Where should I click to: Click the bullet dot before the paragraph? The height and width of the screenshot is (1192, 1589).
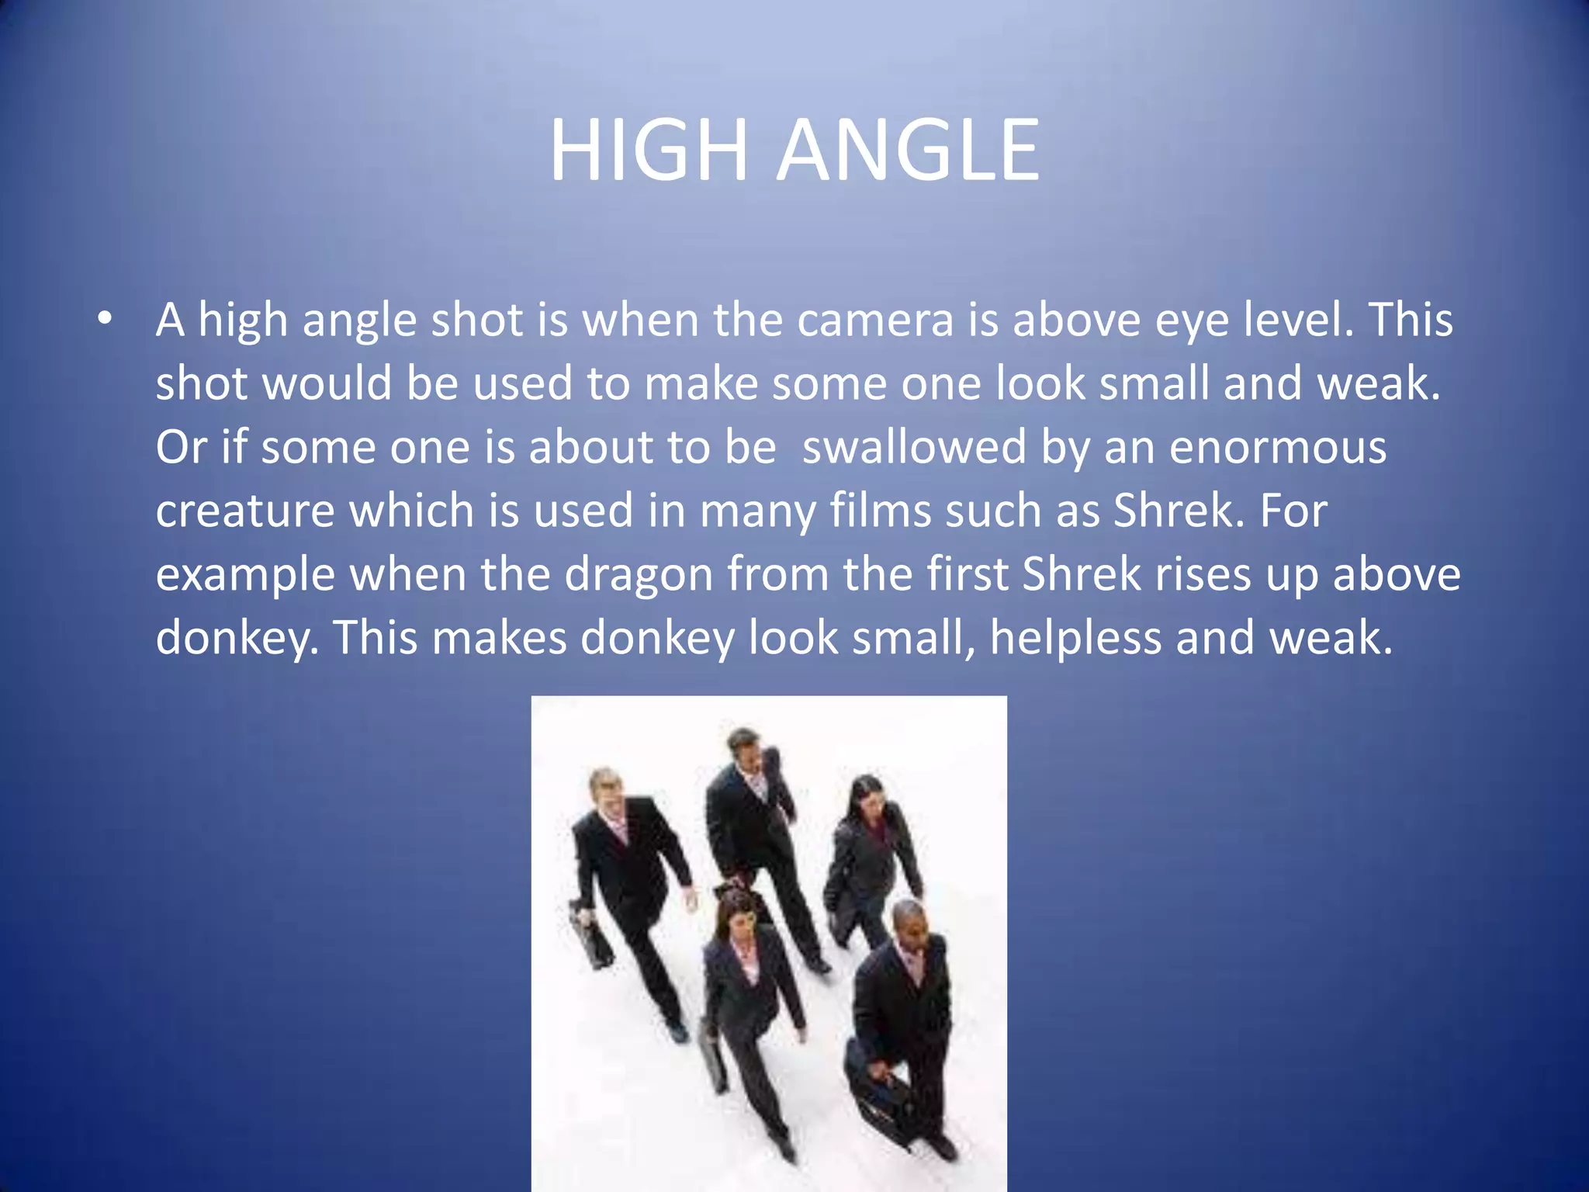click(105, 318)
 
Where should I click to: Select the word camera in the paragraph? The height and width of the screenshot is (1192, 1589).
click(874, 320)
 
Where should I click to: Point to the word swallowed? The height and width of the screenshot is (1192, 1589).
click(914, 448)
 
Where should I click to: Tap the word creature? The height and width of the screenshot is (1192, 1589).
click(244, 511)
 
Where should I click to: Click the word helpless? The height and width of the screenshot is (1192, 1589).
click(1075, 639)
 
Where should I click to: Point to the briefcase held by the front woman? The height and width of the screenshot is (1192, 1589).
click(714, 1057)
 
